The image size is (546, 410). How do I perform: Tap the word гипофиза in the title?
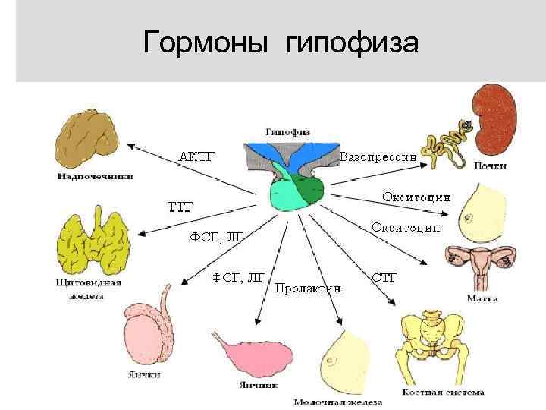pyautogui.click(x=352, y=44)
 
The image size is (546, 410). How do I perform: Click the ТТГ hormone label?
pyautogui.click(x=180, y=205)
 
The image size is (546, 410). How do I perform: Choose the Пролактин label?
pyautogui.click(x=308, y=289)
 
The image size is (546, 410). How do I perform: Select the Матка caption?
pyautogui.click(x=482, y=298)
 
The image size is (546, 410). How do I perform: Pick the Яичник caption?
pyautogui.click(x=256, y=385)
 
